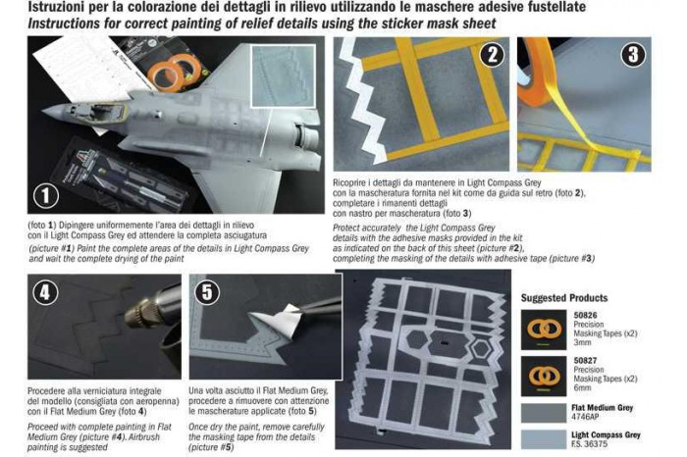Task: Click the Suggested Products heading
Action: (x=563, y=297)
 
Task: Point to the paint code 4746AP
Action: (x=587, y=420)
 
